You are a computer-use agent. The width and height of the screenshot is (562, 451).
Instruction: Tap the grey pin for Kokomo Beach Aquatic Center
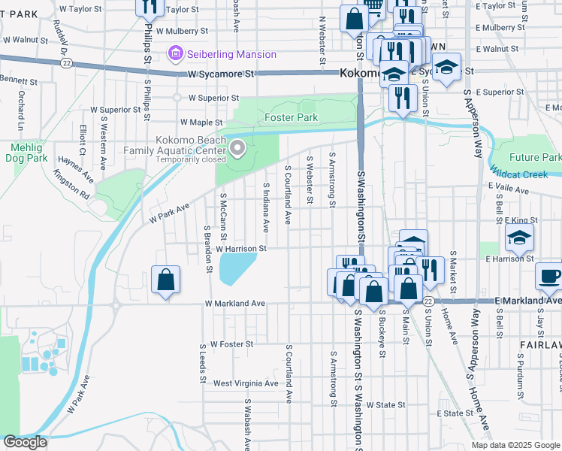(x=238, y=148)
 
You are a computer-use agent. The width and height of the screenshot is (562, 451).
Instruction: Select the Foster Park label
(x=291, y=117)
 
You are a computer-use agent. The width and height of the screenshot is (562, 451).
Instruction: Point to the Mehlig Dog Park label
(x=29, y=153)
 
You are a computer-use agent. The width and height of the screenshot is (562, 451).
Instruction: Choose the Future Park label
(x=534, y=157)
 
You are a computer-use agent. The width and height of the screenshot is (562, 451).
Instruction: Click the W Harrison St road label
(x=241, y=248)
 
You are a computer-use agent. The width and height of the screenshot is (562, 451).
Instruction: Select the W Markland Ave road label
(x=235, y=304)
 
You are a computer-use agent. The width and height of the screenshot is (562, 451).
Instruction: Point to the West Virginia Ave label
(x=246, y=383)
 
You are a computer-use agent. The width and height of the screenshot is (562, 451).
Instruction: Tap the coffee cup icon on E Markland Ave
(x=550, y=276)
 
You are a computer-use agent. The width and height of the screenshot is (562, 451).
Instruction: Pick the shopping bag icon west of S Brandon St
(x=165, y=280)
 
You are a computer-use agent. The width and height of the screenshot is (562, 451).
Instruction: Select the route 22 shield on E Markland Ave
(x=428, y=301)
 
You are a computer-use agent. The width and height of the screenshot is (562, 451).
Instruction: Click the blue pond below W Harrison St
(x=237, y=269)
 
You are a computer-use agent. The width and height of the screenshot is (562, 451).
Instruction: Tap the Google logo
(x=25, y=442)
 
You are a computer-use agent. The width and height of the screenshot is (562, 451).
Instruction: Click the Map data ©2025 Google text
(x=515, y=445)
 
